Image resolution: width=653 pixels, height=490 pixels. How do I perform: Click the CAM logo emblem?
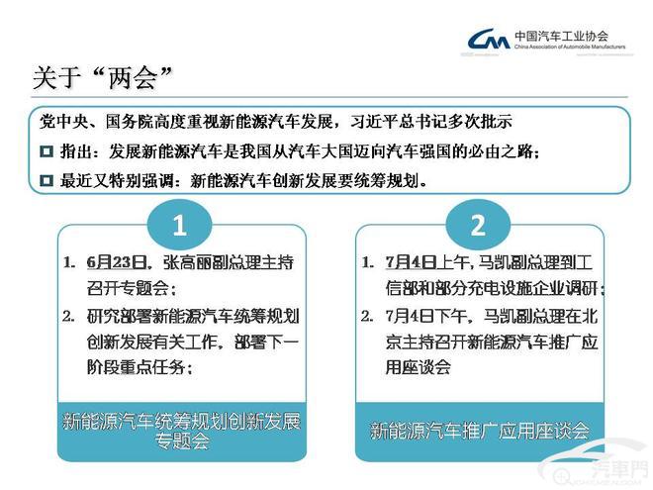pos(489,40)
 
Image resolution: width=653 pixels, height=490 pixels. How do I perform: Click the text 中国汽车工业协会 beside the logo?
pos(561,36)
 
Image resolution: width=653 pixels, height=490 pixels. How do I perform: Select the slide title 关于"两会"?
pos(102,77)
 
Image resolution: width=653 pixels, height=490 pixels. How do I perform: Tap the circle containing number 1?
pos(180,225)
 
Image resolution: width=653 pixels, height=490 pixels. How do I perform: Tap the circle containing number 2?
pos(478,225)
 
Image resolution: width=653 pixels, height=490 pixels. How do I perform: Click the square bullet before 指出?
pos(47,151)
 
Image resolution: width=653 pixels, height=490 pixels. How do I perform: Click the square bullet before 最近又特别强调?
pos(47,180)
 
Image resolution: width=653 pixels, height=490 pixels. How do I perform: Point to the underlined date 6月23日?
pos(117,262)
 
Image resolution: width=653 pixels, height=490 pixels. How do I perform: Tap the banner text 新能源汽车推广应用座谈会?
pos(480,431)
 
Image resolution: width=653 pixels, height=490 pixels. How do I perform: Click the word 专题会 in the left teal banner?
pos(182,441)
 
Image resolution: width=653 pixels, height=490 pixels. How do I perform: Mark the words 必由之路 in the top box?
pos(501,151)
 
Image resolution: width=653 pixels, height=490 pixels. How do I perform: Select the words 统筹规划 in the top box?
pos(385,180)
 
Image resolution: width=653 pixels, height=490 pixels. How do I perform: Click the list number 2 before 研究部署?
pos(68,317)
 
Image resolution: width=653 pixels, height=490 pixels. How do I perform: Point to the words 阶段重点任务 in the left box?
pos(136,367)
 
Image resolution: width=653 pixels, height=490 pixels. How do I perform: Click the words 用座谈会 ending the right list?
pos(418,367)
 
